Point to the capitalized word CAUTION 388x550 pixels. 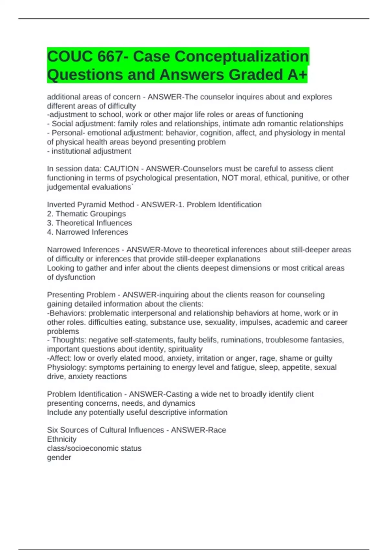(x=121, y=169)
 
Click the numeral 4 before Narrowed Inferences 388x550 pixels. (x=49, y=232)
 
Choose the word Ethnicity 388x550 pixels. (x=62, y=439)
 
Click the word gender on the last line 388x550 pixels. (x=59, y=457)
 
